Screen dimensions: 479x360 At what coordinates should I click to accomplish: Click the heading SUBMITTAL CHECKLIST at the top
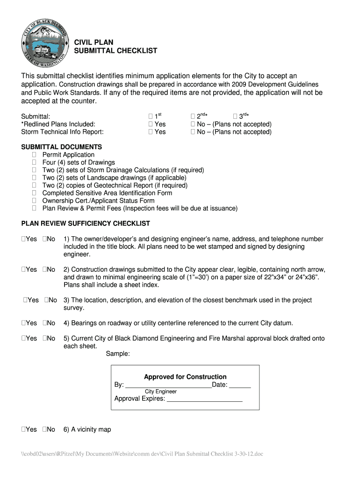point(115,51)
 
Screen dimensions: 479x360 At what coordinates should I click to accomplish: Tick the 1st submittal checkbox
point(150,116)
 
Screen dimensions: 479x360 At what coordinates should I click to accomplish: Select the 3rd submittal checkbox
point(235,116)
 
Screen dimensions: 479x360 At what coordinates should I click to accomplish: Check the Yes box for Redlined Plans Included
point(150,124)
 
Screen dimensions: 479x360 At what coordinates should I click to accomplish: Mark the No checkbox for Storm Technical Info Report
point(193,132)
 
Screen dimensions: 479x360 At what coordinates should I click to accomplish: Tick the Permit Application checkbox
point(34,155)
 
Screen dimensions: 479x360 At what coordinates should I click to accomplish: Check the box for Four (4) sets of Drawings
point(34,162)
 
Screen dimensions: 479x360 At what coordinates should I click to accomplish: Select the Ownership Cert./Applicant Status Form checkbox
point(34,201)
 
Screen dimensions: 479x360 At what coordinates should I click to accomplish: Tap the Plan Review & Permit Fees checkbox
point(34,208)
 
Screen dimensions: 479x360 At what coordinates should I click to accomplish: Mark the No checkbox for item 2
point(44,269)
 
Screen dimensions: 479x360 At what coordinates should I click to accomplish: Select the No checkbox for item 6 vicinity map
point(44,429)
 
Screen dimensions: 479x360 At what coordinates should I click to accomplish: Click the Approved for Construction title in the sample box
point(185,377)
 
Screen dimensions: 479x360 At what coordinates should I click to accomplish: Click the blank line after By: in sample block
point(168,385)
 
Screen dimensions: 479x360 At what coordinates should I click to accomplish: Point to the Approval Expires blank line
point(205,399)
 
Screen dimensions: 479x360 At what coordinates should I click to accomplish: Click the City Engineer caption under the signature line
point(160,392)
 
